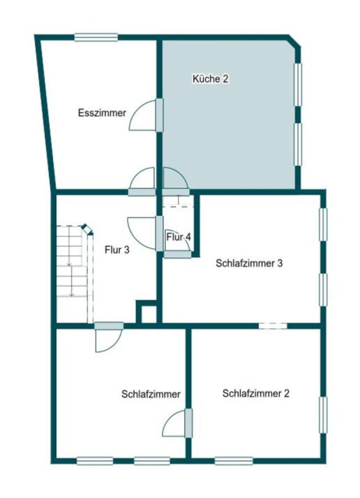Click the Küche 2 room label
[210, 79]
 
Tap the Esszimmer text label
[102, 113]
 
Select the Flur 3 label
[117, 250]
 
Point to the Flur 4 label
[179, 237]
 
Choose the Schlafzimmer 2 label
[255, 393]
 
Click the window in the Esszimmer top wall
[96, 38]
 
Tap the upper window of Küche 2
[298, 84]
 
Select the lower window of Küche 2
[298, 144]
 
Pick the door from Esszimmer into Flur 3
[142, 191]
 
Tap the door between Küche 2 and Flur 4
[176, 191]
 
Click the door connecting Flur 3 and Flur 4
[159, 234]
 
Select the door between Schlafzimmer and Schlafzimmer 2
[188, 423]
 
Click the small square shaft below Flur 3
[147, 313]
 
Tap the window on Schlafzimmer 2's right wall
[323, 415]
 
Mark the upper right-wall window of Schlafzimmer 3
[323, 224]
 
